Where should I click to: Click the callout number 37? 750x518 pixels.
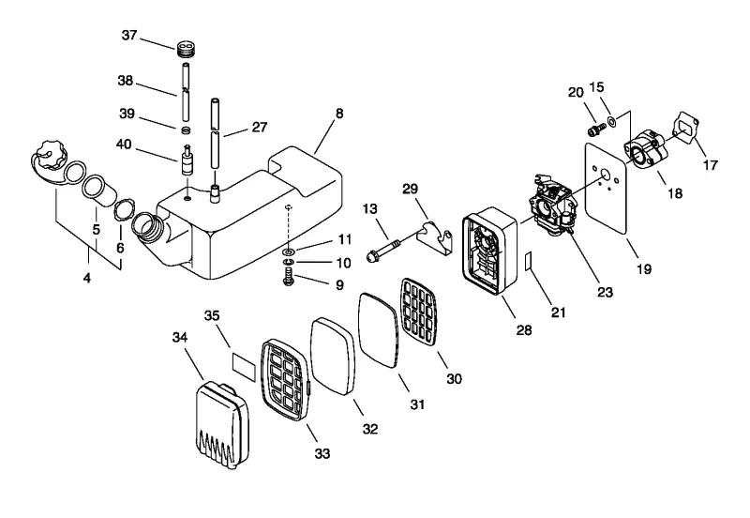click(129, 35)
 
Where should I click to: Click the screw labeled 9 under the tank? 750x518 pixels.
click(289, 277)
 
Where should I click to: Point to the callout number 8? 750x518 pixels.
click(339, 114)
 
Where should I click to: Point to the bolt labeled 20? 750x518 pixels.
click(595, 129)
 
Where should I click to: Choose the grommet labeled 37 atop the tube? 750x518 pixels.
click(187, 49)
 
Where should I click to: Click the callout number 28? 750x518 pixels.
click(524, 329)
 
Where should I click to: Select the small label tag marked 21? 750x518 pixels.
click(529, 261)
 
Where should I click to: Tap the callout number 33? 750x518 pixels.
click(322, 453)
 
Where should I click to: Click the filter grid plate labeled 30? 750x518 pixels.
click(419, 312)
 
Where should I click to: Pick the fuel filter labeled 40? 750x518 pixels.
click(187, 161)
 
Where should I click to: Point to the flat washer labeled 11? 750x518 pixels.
click(289, 251)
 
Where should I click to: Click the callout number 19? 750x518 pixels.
click(644, 268)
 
